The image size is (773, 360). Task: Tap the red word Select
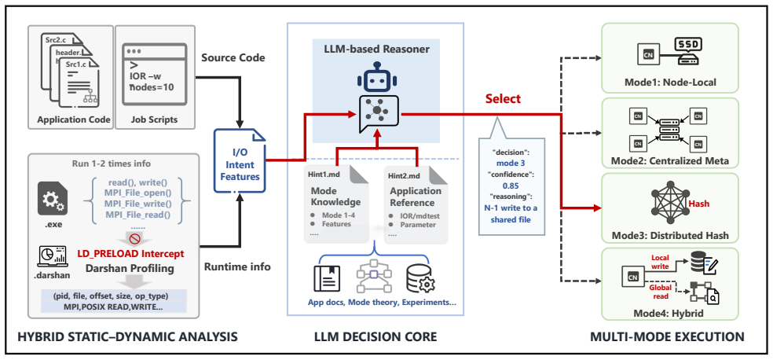tap(503, 98)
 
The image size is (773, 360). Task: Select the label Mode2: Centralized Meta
tap(670, 160)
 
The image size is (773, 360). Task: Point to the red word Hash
tap(698, 203)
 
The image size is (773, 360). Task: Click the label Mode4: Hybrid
tap(670, 313)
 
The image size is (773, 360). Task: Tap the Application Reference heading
tap(416, 197)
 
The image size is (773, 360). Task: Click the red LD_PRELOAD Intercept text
tap(130, 254)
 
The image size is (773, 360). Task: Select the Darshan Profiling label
tap(130, 269)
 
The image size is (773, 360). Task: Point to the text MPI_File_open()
tap(131, 193)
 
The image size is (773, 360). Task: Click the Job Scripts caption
tap(155, 119)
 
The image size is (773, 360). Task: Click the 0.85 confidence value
tap(511, 186)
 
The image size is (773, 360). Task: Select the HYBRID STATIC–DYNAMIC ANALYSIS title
tap(128, 337)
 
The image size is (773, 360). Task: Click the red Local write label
tap(660, 262)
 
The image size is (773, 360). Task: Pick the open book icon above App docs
tap(328, 278)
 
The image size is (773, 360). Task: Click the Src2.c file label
tap(56, 39)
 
